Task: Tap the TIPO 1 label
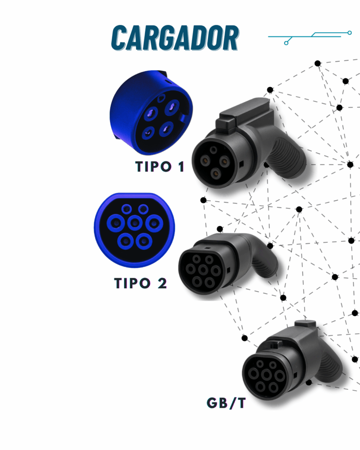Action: [x=160, y=167]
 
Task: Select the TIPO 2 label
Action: [x=141, y=283]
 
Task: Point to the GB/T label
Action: [x=226, y=403]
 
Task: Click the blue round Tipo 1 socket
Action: [x=150, y=113]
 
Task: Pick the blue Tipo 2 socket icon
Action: [x=135, y=226]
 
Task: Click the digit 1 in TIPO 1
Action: [x=181, y=167]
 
